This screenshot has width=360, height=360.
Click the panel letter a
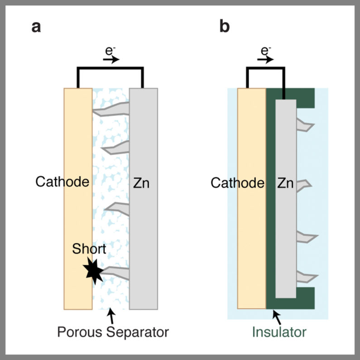36,27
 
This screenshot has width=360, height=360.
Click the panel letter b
225,27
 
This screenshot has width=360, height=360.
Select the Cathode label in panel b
237,183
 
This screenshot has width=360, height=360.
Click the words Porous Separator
113,332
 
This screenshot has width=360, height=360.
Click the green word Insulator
279,333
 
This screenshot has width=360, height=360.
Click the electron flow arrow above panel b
268,59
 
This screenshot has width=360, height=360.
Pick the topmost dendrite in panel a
113,109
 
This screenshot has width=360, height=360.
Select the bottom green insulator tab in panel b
305,298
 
